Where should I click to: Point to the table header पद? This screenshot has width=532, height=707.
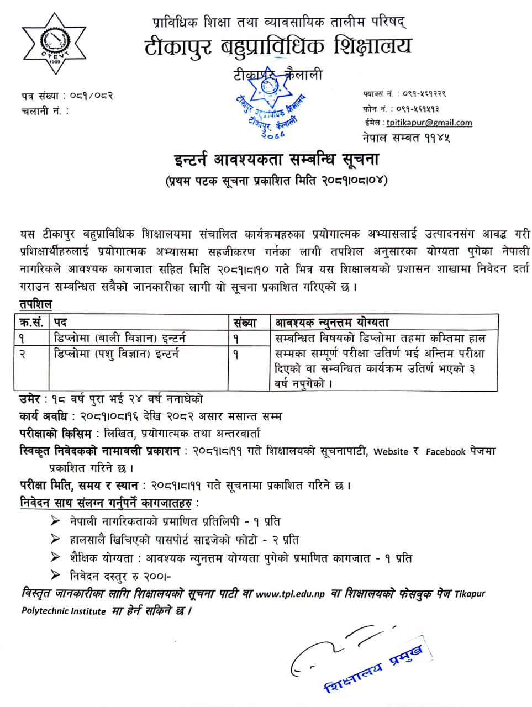(x=60, y=322)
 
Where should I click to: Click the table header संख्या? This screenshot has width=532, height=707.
(x=245, y=322)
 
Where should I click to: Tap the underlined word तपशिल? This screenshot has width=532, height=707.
(x=35, y=304)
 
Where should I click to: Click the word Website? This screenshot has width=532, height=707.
(x=391, y=451)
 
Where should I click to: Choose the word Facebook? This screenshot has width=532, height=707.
(x=445, y=451)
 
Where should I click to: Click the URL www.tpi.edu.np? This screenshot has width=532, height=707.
(x=290, y=594)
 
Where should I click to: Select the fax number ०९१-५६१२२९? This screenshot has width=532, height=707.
(x=424, y=94)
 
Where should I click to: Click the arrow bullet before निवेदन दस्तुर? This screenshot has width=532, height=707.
(x=55, y=576)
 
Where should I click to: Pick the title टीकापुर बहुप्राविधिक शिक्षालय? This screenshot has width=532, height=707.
(x=278, y=46)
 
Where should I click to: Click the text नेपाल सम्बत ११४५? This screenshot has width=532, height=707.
(x=406, y=137)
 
